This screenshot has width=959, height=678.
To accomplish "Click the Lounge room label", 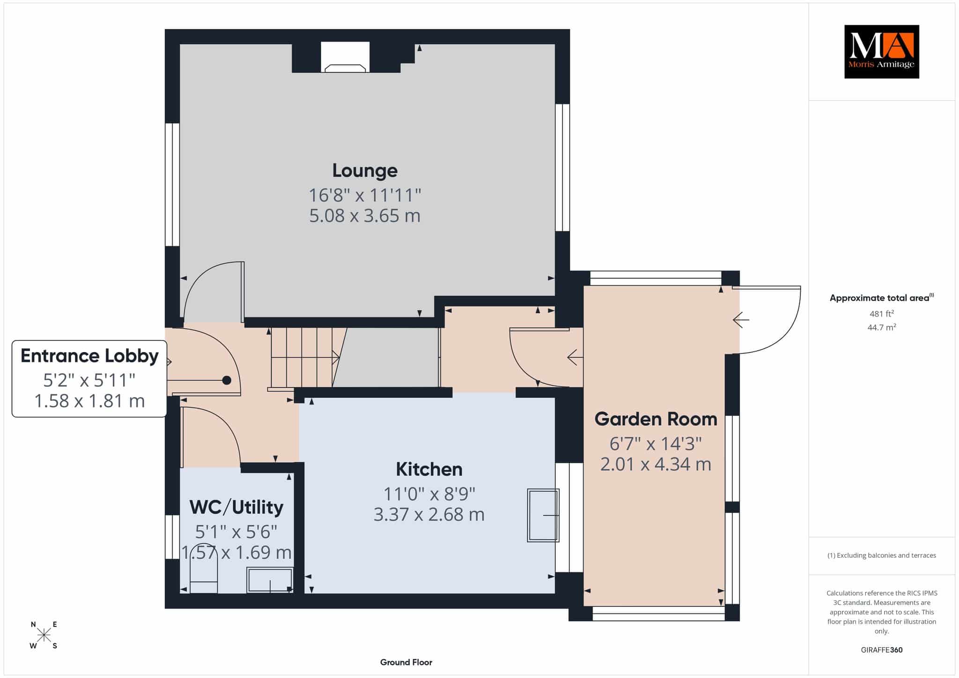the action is [365, 170].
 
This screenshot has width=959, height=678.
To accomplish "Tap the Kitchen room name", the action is [429, 469].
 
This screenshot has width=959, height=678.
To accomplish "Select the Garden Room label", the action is [656, 419].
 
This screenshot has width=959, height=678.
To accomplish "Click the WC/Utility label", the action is [236, 507].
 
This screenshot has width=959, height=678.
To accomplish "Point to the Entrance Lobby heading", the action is [89, 356].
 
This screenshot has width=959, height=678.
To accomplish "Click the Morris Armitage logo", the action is [881, 52].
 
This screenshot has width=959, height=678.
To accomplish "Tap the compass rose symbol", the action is [44, 635].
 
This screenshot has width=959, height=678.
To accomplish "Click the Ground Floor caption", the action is [406, 662].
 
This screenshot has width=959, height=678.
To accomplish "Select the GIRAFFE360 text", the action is [881, 650].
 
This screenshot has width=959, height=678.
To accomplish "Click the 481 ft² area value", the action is [881, 314].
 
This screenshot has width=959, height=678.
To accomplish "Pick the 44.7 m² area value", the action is [881, 327].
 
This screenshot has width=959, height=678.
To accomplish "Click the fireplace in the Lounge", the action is [345, 58].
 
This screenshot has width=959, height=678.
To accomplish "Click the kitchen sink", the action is [543, 515].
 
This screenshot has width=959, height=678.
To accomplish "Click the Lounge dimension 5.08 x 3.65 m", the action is [365, 215].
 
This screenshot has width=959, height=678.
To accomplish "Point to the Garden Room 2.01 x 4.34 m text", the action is [656, 464].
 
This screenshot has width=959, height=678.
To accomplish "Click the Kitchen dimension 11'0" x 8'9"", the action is [429, 494].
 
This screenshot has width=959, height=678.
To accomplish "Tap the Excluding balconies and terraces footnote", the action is [881, 555].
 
